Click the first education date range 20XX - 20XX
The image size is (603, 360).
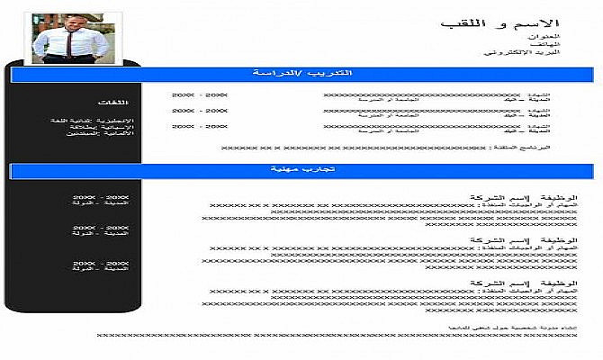click(200, 94)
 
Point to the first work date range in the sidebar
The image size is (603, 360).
click(106, 196)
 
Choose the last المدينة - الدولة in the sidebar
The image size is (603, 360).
click(106, 270)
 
